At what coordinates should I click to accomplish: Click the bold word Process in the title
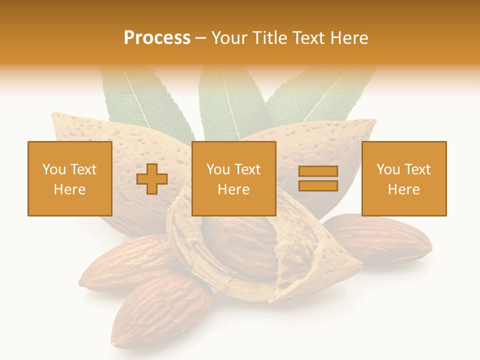157,38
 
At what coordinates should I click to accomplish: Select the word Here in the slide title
349,38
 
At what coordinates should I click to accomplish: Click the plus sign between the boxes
152,179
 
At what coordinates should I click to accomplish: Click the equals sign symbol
318,178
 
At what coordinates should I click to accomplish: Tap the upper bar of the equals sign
318,171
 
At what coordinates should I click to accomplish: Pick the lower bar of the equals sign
318,185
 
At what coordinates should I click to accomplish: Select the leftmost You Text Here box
70,178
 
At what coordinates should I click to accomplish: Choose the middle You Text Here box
233,178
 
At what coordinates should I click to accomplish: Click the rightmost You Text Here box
404,178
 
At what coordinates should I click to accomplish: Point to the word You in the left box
53,169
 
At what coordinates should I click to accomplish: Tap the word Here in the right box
403,189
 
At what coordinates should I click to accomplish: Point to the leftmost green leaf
145,102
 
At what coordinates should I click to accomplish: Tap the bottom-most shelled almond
160,310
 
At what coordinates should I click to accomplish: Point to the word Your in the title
229,38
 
